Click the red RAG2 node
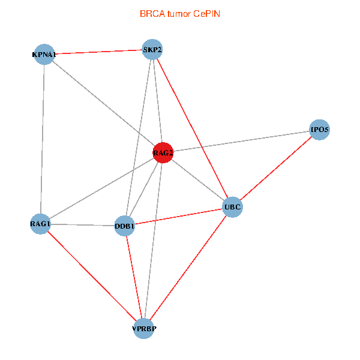click(x=163, y=153)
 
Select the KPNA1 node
click(x=44, y=55)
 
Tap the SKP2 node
click(x=152, y=49)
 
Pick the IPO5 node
click(x=319, y=130)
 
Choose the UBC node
click(x=232, y=208)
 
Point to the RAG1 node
click(x=40, y=224)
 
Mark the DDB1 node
click(x=124, y=226)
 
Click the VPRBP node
click(x=143, y=329)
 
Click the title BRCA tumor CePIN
click(x=179, y=13)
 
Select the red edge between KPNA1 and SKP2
click(x=98, y=52)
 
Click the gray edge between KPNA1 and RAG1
click(x=43, y=139)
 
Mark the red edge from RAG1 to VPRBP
click(x=92, y=276)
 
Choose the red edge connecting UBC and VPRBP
click(x=188, y=268)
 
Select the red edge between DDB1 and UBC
click(x=178, y=217)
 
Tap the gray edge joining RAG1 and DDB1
click(x=82, y=225)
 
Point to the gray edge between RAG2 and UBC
click(x=198, y=181)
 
